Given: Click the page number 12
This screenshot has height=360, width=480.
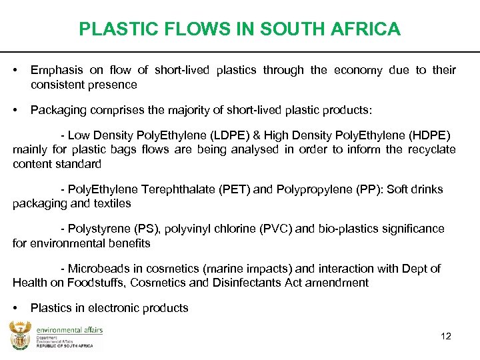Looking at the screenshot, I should [x=446, y=336].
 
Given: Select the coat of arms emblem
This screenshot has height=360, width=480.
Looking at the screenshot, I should [x=20, y=335].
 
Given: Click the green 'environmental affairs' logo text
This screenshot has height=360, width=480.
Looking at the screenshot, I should [x=69, y=330].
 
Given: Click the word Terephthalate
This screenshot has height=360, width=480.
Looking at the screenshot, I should [x=175, y=189].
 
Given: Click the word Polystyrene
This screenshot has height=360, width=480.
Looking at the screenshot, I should [x=99, y=229].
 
